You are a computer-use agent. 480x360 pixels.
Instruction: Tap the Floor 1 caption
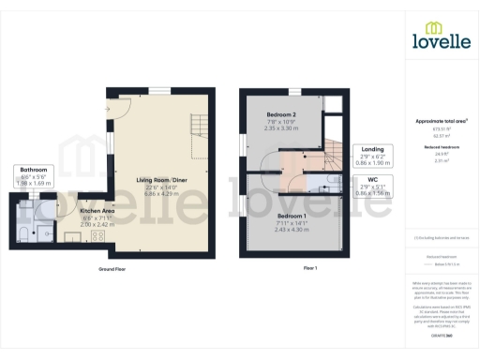tap(311, 268)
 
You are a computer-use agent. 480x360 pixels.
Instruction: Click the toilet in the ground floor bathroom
tap(23, 231)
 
